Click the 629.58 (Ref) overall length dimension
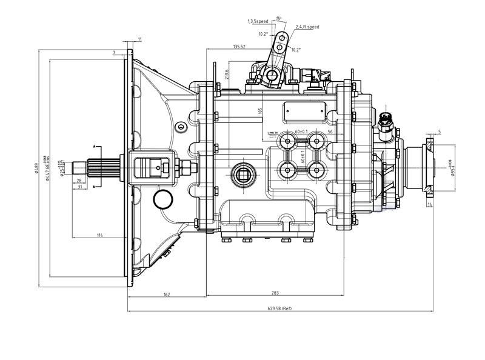coord(280,308)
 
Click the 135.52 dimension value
coord(238,47)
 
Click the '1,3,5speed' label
coord(258,21)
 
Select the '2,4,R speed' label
coord(307,27)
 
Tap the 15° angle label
coord(278,18)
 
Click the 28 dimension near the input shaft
coord(79,181)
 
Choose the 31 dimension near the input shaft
coord(79,187)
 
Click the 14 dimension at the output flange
coord(430,205)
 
